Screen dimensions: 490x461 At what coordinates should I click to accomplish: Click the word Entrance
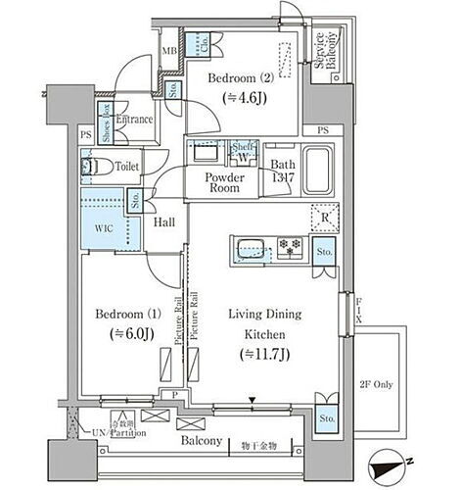135,120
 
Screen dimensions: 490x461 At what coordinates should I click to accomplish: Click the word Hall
164,222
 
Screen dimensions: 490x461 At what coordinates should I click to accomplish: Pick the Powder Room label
224,183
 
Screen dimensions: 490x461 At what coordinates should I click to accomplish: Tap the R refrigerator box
324,218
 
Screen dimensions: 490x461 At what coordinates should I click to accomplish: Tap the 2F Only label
376,384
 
